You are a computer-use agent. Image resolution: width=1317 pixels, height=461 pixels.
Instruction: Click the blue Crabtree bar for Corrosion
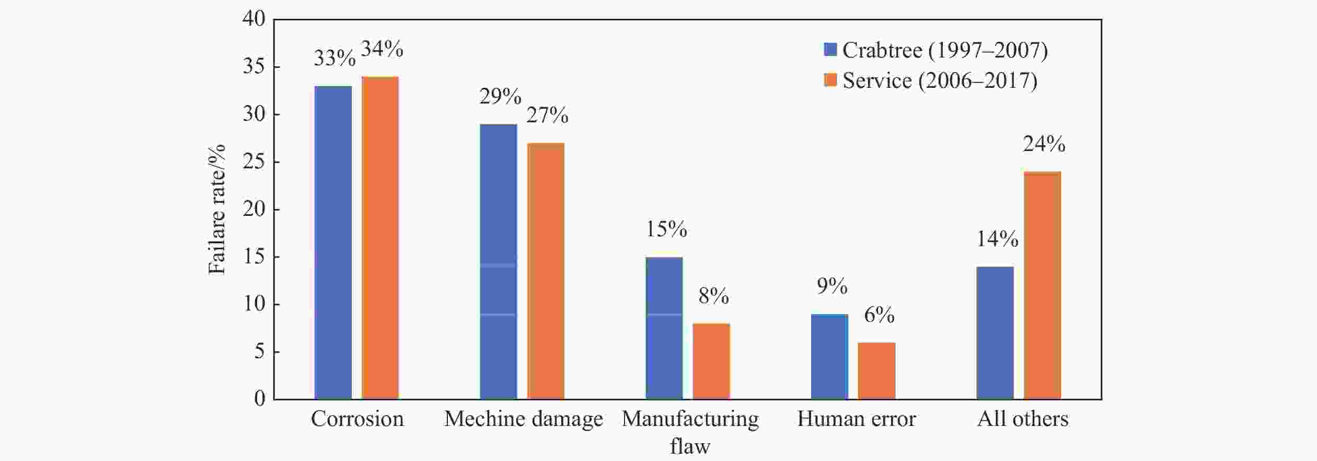pos(333,243)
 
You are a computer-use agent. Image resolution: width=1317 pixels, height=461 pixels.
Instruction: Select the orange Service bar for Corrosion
pos(380,238)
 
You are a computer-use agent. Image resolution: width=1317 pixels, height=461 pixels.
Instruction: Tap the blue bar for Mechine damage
pos(498,261)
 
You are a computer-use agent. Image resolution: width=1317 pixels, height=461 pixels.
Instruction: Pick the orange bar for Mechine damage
pos(546,271)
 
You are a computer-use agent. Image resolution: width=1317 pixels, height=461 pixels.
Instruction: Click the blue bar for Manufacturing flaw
pos(664,328)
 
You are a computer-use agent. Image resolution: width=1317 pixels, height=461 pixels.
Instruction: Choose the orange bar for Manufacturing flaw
pos(711,361)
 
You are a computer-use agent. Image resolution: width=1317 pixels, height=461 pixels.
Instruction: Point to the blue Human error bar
pos(829,356)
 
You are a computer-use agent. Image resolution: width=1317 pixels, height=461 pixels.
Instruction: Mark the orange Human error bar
pos(876,371)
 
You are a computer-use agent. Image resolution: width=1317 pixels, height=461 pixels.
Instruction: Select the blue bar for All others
pos(995,333)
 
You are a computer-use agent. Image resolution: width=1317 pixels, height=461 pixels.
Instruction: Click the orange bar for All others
pos(1042,285)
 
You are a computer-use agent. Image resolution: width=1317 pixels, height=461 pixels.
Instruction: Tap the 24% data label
pos(1044,144)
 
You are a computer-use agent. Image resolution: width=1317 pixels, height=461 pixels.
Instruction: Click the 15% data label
pos(666,229)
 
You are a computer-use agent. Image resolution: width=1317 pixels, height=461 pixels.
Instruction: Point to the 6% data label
pos(879,315)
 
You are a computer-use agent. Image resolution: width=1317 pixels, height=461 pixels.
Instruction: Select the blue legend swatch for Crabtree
pos(830,50)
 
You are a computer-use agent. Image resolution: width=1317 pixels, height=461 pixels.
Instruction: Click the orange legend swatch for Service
pos(830,80)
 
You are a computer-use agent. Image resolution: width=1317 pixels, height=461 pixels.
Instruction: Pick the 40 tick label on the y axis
pos(254,19)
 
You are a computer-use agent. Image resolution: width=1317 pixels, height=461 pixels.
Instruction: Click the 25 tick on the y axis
pos(254,162)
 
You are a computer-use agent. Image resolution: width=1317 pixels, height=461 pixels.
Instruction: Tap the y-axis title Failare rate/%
pos(217,209)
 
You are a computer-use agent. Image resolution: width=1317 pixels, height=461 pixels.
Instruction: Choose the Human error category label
pos(856,419)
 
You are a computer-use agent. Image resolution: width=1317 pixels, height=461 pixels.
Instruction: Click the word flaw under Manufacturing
pos(690,446)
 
